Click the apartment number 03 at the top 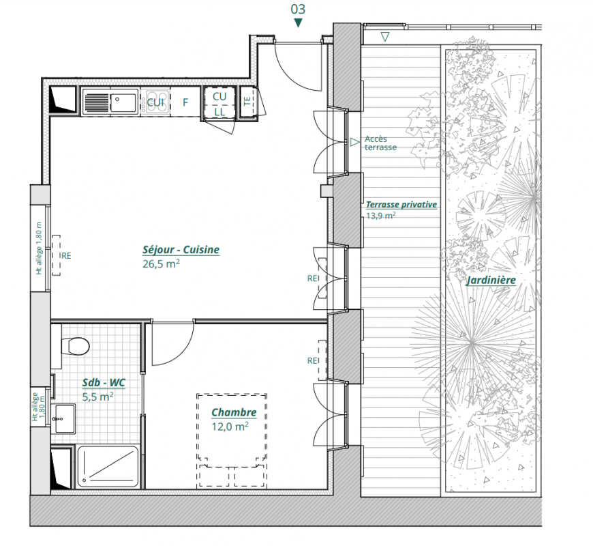click(x=298, y=9)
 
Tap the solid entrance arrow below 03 click(x=298, y=23)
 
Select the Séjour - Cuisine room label click(x=181, y=250)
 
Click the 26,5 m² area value click(x=161, y=263)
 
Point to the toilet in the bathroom click(x=76, y=346)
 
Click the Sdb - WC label click(x=104, y=382)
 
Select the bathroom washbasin click(x=63, y=418)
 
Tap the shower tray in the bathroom click(x=108, y=466)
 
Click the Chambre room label click(x=234, y=412)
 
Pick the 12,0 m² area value click(x=230, y=427)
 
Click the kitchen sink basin click(x=123, y=102)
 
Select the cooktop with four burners click(x=157, y=102)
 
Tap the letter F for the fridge click(x=185, y=102)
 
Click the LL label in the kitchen click(x=219, y=112)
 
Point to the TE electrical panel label click(x=247, y=101)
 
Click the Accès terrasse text click(x=380, y=143)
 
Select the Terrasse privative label click(x=401, y=205)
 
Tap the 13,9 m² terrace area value click(x=381, y=216)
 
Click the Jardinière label click(x=491, y=281)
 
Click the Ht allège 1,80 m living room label click(x=39, y=248)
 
